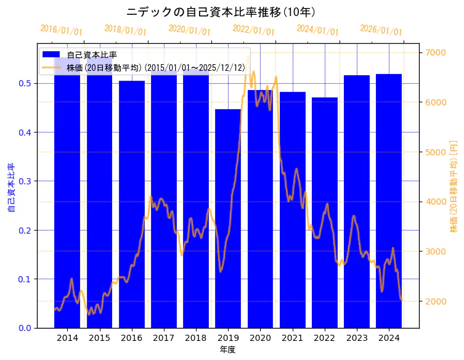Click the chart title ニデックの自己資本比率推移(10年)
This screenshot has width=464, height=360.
[x=221, y=12]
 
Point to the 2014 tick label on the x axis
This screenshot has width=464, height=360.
[x=67, y=338]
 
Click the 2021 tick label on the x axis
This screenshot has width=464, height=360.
[x=292, y=338]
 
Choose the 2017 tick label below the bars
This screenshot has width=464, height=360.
[x=163, y=338]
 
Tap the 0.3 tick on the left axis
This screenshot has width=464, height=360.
[x=25, y=181]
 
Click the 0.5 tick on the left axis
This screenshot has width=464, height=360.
[x=25, y=84]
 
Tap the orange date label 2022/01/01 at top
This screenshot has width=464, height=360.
[x=253, y=30]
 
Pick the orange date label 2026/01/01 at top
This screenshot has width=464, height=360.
[x=381, y=30]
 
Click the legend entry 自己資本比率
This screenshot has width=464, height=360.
[x=92, y=55]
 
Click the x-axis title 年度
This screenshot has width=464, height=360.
[x=227, y=350]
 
